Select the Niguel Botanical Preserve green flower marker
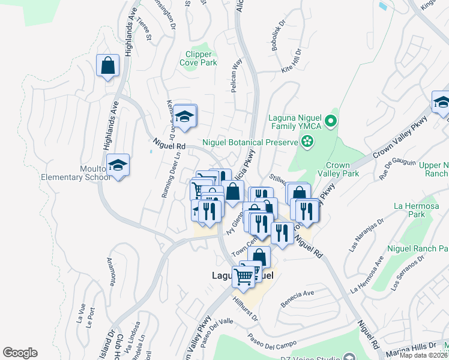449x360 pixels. [307, 142]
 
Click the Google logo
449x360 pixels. [20, 353]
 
